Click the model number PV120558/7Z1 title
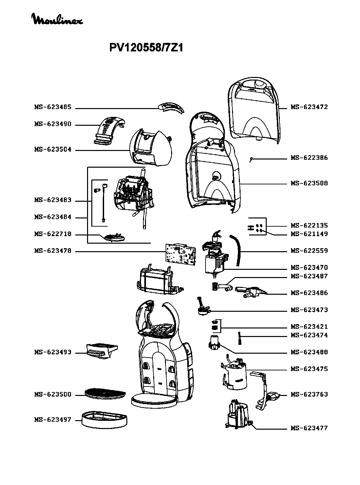[146, 48]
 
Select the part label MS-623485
[53, 107]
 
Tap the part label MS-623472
[309, 107]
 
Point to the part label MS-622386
[309, 158]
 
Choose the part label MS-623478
[53, 251]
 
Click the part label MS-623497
[53, 420]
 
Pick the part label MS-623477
[309, 428]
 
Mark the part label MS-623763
[309, 394]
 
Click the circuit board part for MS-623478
[180, 253]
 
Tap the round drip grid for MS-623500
[105, 393]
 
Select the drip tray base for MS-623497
[104, 419]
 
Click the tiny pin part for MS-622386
[251, 160]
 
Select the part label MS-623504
[53, 150]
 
